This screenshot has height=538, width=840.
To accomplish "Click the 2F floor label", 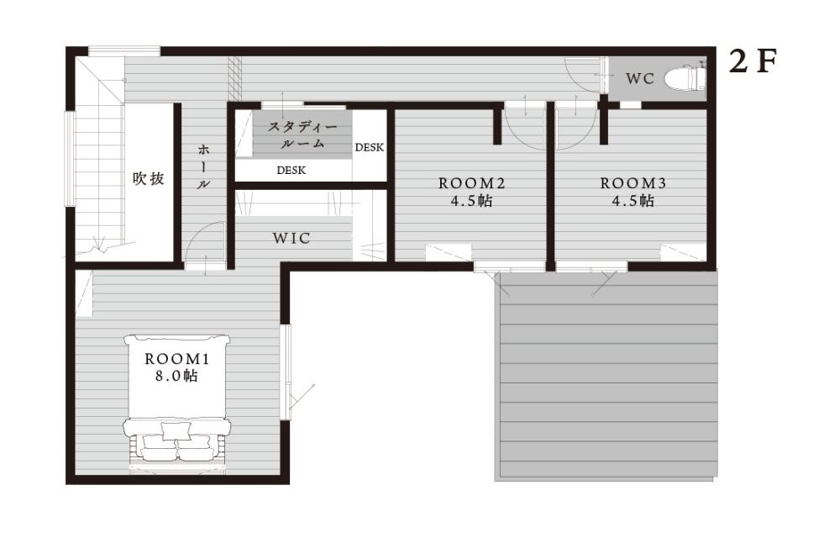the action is pyautogui.click(x=753, y=61).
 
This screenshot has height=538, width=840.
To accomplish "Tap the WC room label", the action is pyautogui.click(x=640, y=79).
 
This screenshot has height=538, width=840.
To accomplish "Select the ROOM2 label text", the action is pyautogui.click(x=472, y=183).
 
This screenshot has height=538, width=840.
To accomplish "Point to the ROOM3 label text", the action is pyautogui.click(x=633, y=183).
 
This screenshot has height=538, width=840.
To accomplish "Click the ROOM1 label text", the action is pyautogui.click(x=176, y=358).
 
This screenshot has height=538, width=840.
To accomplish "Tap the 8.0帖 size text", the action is pyautogui.click(x=176, y=376).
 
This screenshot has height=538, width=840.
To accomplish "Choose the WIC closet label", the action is pyautogui.click(x=292, y=238).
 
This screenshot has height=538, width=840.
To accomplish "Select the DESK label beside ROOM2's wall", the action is pyautogui.click(x=370, y=147).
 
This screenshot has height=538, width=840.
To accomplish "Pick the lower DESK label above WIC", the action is pyautogui.click(x=291, y=171).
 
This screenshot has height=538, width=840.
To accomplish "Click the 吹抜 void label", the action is pyautogui.click(x=149, y=178).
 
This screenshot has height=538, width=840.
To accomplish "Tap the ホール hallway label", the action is pyautogui.click(x=203, y=166).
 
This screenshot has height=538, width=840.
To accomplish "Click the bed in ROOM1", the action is pyautogui.click(x=177, y=404).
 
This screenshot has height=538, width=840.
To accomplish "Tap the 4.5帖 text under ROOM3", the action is pyautogui.click(x=633, y=201).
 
